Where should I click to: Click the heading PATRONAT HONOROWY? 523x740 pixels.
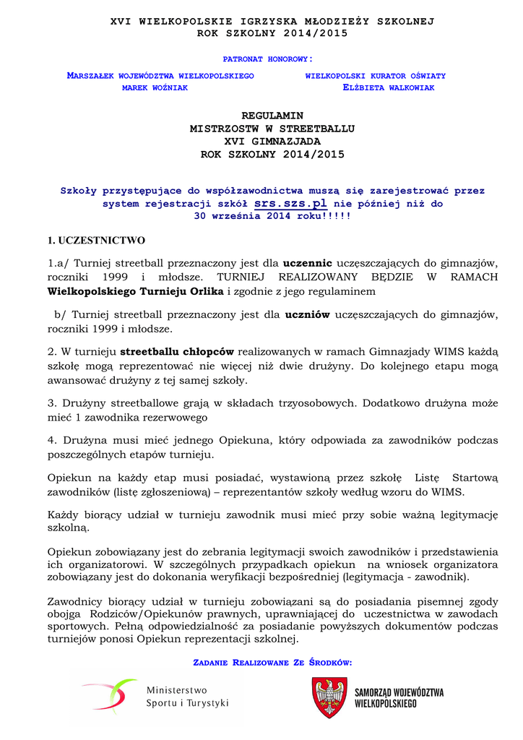(267, 59)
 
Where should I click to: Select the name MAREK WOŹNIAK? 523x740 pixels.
(155, 87)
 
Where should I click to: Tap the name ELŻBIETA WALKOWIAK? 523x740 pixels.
(388, 87)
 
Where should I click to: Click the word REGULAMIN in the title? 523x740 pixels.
(272, 116)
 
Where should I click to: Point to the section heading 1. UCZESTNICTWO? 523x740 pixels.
(96, 240)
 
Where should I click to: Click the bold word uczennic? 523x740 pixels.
(308, 262)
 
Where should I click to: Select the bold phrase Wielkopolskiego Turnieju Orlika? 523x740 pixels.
(136, 291)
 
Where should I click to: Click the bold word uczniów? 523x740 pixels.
(307, 314)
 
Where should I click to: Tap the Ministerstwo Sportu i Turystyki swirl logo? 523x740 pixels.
(109, 697)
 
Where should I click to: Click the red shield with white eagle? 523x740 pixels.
(329, 697)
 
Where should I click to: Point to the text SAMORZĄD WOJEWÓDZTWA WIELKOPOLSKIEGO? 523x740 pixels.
(399, 697)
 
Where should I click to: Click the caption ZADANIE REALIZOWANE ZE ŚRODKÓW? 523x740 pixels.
(272, 663)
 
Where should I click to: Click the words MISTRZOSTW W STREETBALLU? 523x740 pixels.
(272, 129)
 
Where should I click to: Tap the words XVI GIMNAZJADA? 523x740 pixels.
(272, 142)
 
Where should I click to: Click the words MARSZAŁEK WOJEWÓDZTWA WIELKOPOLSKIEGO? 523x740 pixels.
(160, 75)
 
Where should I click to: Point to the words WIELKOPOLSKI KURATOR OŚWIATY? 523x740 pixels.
(375, 75)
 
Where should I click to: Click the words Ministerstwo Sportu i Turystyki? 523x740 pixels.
(187, 697)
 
